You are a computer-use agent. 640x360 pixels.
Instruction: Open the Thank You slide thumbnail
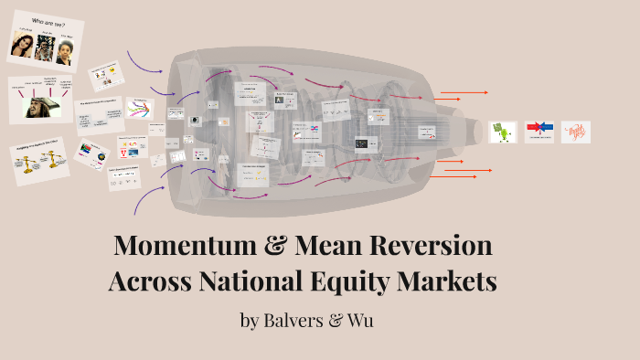(x=575, y=132)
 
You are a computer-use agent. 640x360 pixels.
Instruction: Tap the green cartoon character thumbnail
(x=503, y=132)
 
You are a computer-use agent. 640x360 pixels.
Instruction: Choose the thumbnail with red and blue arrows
(x=539, y=132)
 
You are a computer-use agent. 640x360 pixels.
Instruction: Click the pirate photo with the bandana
(x=42, y=107)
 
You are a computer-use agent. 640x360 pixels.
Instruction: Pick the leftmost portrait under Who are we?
(x=22, y=45)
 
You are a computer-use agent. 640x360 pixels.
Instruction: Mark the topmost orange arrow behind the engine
(x=464, y=92)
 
